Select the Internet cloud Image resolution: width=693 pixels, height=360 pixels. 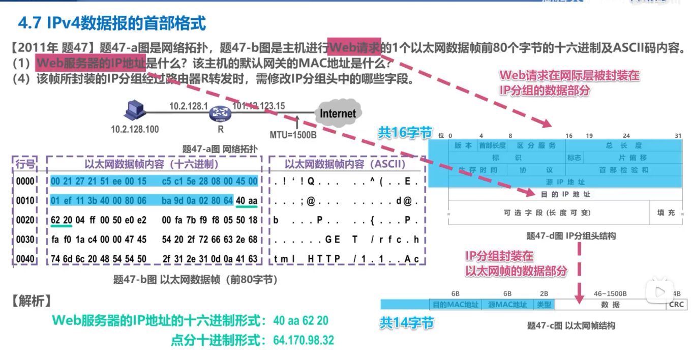338,113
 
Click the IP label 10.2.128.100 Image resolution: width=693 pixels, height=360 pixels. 135,129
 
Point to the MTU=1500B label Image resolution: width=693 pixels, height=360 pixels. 293,135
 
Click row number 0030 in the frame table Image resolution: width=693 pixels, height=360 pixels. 25,239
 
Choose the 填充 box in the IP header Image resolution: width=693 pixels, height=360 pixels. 666,213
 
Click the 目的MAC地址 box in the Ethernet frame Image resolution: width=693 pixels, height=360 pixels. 455,305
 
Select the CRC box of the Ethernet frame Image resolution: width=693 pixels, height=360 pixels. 677,305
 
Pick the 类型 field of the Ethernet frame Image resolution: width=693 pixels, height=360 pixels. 544,305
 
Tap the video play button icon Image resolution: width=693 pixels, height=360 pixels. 659,292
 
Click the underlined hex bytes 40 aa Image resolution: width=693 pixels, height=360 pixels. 247,200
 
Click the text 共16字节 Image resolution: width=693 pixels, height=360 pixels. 404,133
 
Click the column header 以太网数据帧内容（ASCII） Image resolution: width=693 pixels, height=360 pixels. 345,164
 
